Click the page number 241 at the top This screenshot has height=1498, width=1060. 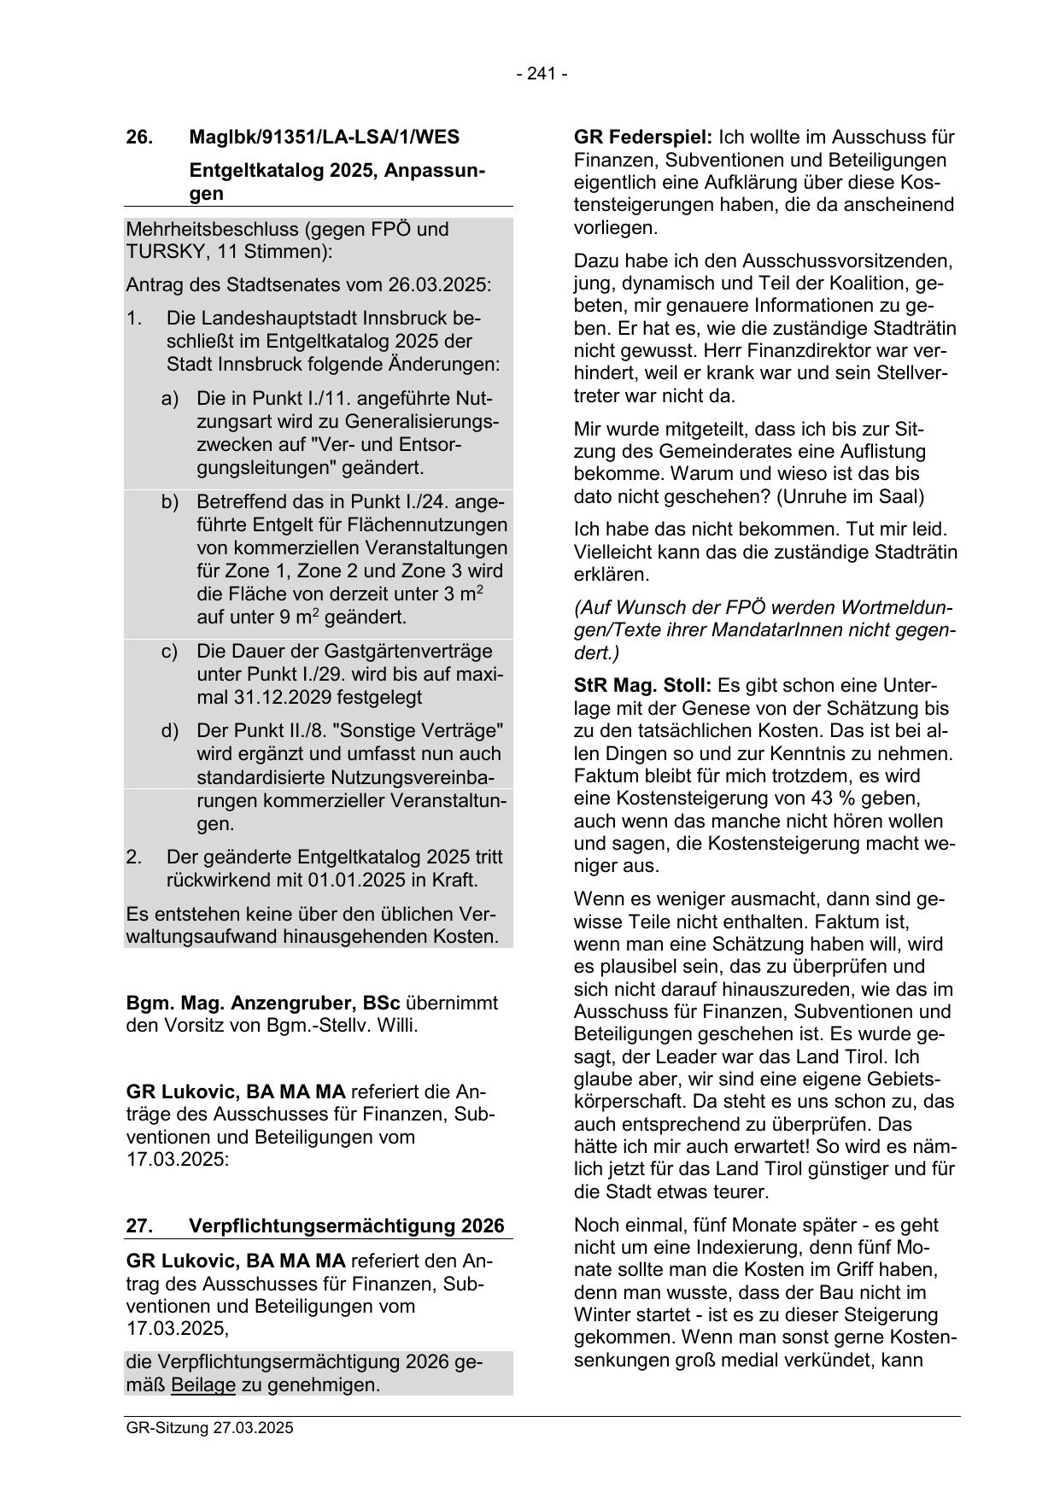click(x=542, y=74)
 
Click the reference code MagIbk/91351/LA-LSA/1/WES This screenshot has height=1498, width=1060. click(x=324, y=137)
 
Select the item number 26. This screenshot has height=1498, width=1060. click(x=139, y=137)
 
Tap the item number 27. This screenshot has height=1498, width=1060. click(x=139, y=1226)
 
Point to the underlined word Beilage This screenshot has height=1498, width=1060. click(x=202, y=1384)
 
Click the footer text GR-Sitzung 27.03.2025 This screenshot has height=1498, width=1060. click(x=209, y=1428)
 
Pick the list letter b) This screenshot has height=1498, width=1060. click(x=170, y=501)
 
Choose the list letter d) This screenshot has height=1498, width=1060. click(x=170, y=731)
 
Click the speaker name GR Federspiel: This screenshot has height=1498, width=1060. click(x=642, y=138)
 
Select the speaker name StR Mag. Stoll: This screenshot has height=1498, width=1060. click(x=642, y=686)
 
